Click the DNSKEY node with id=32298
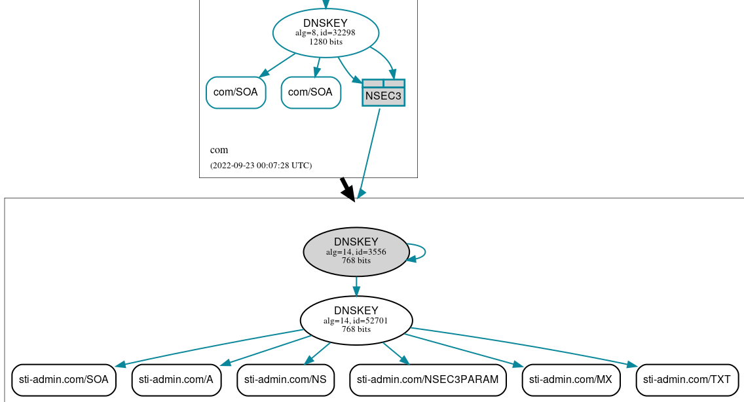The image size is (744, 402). pyautogui.click(x=325, y=32)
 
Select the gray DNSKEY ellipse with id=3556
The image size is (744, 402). pyautogui.click(x=356, y=251)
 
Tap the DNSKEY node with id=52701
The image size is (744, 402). pyautogui.click(x=356, y=320)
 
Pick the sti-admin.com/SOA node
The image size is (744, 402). pyautogui.click(x=64, y=380)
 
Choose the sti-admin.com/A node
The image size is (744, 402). pyautogui.click(x=176, y=380)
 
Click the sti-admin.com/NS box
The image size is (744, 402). pyautogui.click(x=286, y=380)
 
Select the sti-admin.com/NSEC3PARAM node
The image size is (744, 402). pyautogui.click(x=428, y=380)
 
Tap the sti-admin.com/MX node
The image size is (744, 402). pyautogui.click(x=570, y=380)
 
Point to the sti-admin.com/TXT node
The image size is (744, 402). pyautogui.click(x=687, y=380)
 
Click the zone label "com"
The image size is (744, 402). pyautogui.click(x=219, y=150)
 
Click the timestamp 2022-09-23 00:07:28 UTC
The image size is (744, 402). pyautogui.click(x=261, y=166)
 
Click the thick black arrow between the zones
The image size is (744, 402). pyautogui.click(x=347, y=189)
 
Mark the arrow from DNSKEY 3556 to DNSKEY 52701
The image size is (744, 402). pyautogui.click(x=356, y=286)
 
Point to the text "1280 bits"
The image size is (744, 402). pyautogui.click(x=325, y=42)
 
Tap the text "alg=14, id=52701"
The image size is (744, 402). pyautogui.click(x=356, y=321)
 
